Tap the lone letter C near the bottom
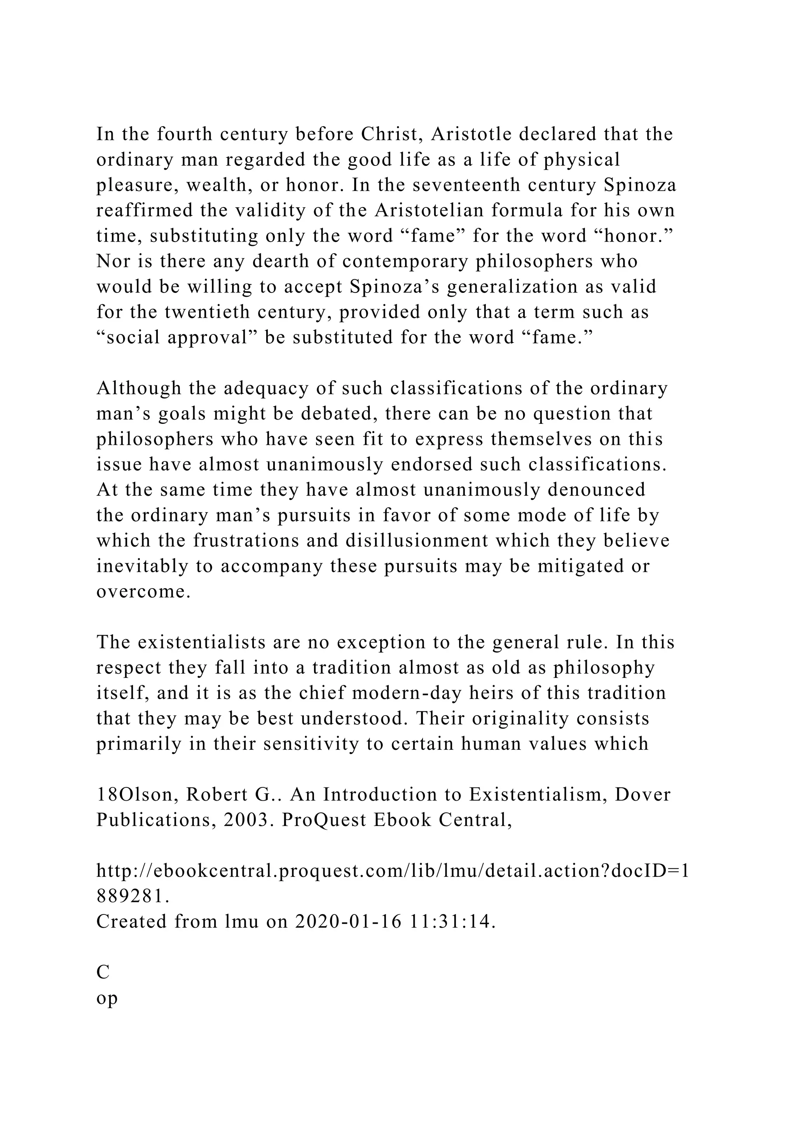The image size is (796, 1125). tap(103, 972)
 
